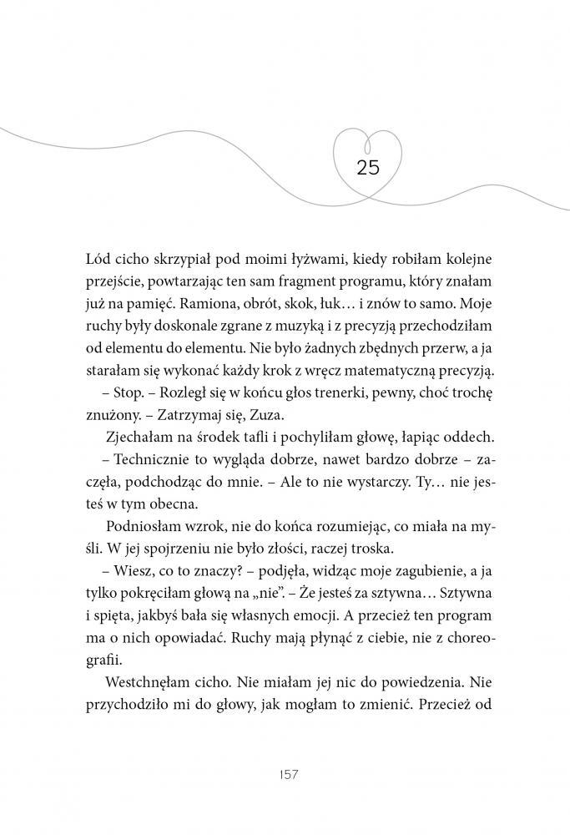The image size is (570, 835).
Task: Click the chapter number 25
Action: click(368, 167)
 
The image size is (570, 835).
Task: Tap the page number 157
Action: click(285, 775)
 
